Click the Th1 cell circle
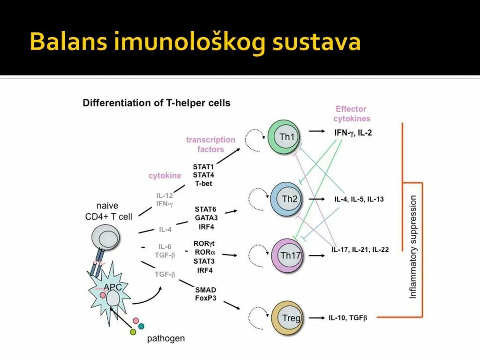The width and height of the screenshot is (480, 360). tap(285, 137)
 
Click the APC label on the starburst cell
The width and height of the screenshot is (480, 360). tap(112, 287)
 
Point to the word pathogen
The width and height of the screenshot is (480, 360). tap(166, 338)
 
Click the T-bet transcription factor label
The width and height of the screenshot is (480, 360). tap(203, 183)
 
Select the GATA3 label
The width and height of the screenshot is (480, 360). tap(206, 217)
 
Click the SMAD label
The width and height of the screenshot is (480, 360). tap(205, 290)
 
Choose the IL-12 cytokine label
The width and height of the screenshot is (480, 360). tap(165, 195)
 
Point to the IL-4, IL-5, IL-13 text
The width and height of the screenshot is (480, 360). tap(359, 199)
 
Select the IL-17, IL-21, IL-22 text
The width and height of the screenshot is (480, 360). tap(360, 250)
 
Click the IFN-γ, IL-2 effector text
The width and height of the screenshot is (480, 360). tap(353, 133)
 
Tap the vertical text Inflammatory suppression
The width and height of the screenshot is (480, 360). tap(413, 247)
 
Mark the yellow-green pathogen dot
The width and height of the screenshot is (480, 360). tap(133, 332)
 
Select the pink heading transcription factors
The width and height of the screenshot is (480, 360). tap(210, 144)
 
